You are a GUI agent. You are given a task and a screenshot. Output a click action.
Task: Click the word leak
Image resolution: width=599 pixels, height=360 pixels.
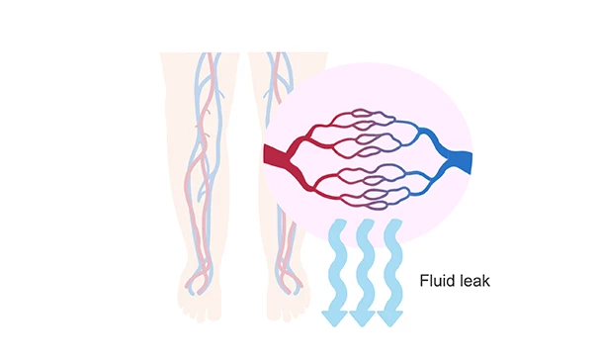pos(473,281)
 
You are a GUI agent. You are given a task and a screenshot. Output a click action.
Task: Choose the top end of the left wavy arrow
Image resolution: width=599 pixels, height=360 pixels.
pos(336,225)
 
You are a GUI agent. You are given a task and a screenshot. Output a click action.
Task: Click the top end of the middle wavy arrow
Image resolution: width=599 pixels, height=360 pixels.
pos(364,225)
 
